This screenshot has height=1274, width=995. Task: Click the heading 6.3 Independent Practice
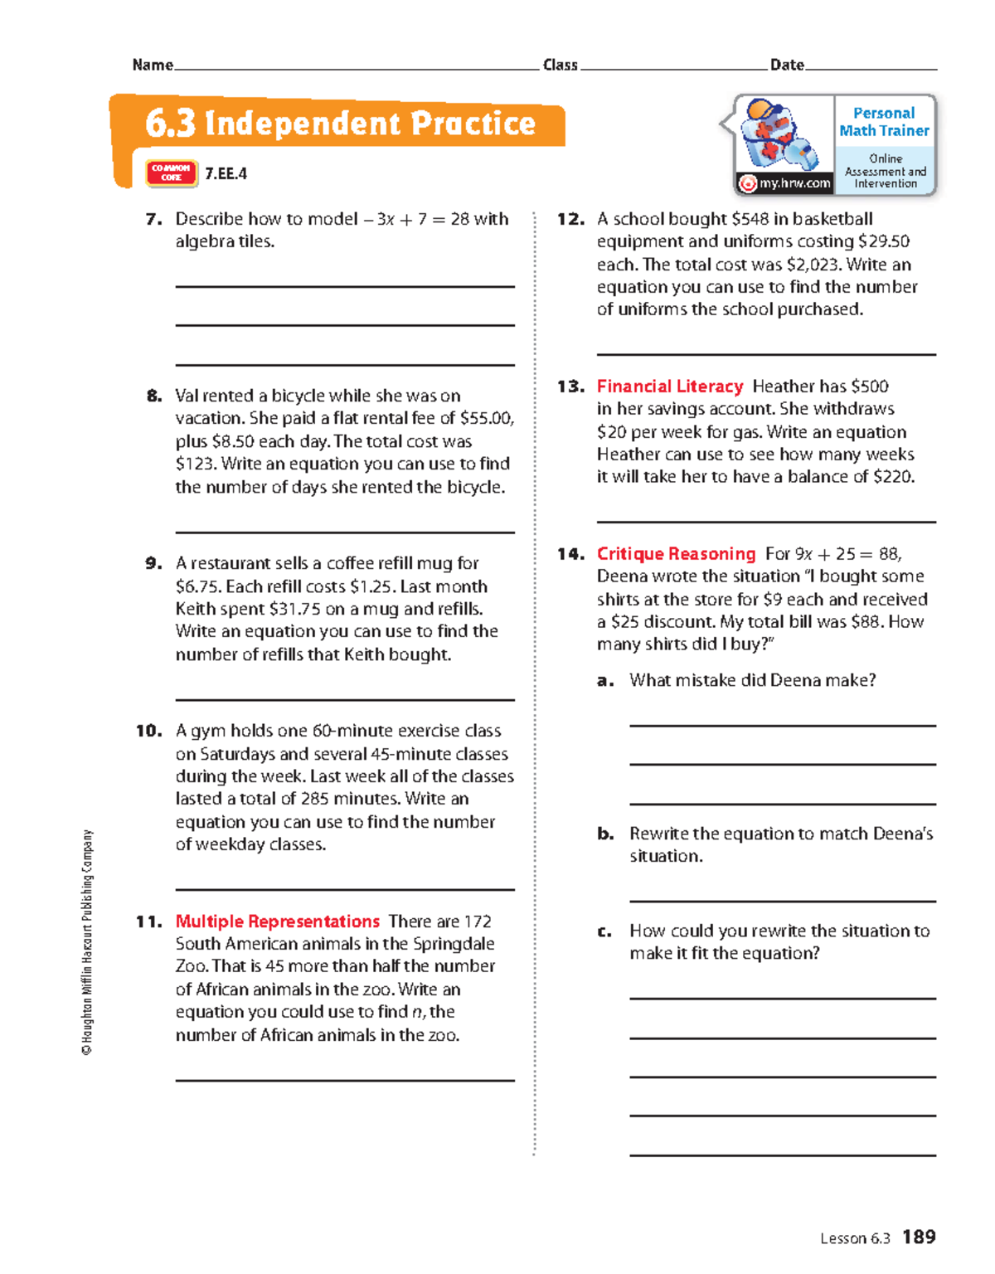(340, 124)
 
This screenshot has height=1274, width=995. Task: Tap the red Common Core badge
(172, 173)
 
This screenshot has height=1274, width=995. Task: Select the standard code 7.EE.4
(226, 173)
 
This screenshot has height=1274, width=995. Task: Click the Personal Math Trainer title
(884, 122)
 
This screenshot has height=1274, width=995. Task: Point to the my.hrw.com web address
(794, 183)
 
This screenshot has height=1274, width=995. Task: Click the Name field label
(153, 65)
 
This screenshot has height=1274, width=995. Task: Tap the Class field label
(560, 65)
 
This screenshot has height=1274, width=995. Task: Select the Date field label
(787, 65)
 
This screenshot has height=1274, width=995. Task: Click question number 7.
(153, 220)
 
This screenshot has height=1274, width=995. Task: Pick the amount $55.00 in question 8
(486, 419)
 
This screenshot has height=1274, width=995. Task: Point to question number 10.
(149, 731)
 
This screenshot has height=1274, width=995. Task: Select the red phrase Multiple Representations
(277, 921)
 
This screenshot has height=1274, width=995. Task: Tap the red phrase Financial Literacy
(670, 387)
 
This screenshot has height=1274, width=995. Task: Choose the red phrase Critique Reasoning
(676, 554)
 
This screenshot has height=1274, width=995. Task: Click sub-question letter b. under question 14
(605, 834)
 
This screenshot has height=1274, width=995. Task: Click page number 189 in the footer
(919, 1237)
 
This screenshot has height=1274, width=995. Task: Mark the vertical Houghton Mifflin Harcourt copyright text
(87, 941)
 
